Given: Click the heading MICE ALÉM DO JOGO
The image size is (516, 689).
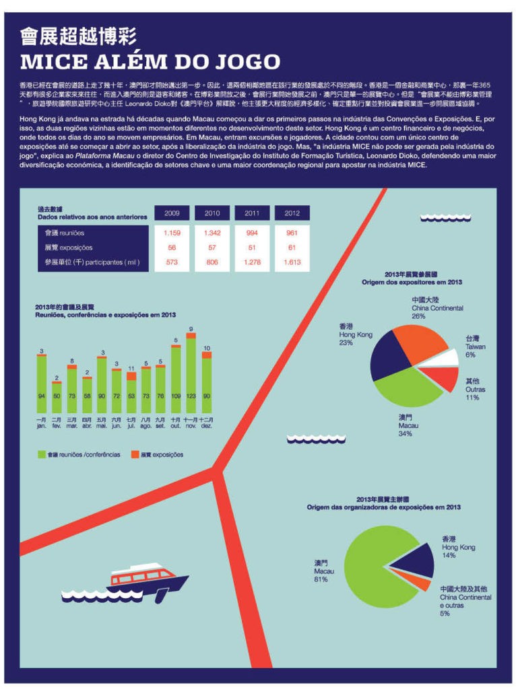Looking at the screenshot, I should [x=150, y=62].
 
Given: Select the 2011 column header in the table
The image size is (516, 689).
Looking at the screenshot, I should [x=252, y=213].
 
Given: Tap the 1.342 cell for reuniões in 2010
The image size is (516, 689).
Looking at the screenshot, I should [x=212, y=232].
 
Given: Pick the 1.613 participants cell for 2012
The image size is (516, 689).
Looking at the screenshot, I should [x=292, y=262].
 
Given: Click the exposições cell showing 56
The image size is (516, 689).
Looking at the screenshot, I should [x=172, y=248].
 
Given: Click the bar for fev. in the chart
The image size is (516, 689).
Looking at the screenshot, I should [x=57, y=397].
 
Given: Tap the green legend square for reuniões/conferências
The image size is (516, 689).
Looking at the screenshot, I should [x=40, y=455].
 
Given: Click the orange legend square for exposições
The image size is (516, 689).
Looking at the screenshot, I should [x=144, y=455].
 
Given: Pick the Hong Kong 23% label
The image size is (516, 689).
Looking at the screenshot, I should [x=355, y=334].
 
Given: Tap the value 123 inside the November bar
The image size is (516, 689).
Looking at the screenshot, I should [x=191, y=396].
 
